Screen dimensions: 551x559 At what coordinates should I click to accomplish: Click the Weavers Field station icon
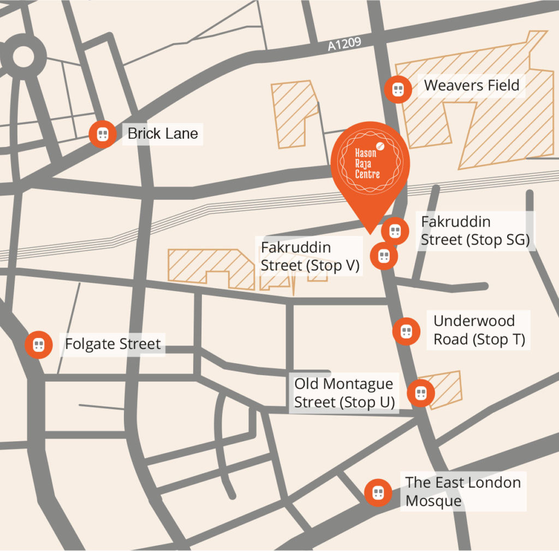pyautogui.click(x=398, y=89)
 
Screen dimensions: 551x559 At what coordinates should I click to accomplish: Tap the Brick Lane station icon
pyautogui.click(x=103, y=134)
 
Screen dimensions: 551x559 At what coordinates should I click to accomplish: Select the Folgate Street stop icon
pyautogui.click(x=38, y=345)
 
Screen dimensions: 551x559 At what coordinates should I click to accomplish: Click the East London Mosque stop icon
pyautogui.click(x=378, y=493)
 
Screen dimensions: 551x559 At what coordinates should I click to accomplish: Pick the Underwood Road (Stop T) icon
pyautogui.click(x=406, y=331)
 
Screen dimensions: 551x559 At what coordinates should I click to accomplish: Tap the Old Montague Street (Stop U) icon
pyautogui.click(x=420, y=393)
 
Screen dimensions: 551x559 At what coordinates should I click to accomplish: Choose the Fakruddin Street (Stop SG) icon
pyautogui.click(x=395, y=231)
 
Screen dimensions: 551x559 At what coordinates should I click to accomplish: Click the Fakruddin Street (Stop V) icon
pyautogui.click(x=384, y=256)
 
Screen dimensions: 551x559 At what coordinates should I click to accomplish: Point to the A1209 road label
pyautogui.click(x=344, y=44)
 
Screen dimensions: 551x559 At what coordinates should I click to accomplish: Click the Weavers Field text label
pyautogui.click(x=471, y=86)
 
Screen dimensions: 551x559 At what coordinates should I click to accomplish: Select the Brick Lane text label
pyautogui.click(x=163, y=133)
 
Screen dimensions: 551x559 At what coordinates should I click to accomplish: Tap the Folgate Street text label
pyautogui.click(x=113, y=344)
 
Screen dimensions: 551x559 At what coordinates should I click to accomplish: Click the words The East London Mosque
pyautogui.click(x=463, y=491)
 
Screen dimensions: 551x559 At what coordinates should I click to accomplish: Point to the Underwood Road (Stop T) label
pyautogui.click(x=479, y=330)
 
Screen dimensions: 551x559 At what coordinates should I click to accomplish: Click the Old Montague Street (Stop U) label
pyautogui.click(x=343, y=393)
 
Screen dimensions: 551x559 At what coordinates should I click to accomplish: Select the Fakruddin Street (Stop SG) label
pyautogui.click(x=475, y=231)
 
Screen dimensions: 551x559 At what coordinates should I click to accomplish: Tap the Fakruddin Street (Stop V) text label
pyautogui.click(x=310, y=256)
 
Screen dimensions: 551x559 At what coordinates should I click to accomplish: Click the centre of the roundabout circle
pyautogui.click(x=22, y=57)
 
